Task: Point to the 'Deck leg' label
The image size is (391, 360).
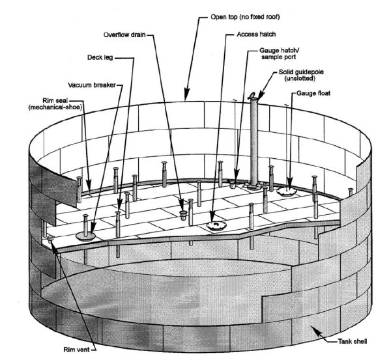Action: (x=98, y=57)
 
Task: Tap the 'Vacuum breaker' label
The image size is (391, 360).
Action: (x=93, y=85)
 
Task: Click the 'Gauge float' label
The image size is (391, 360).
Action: (x=316, y=94)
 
